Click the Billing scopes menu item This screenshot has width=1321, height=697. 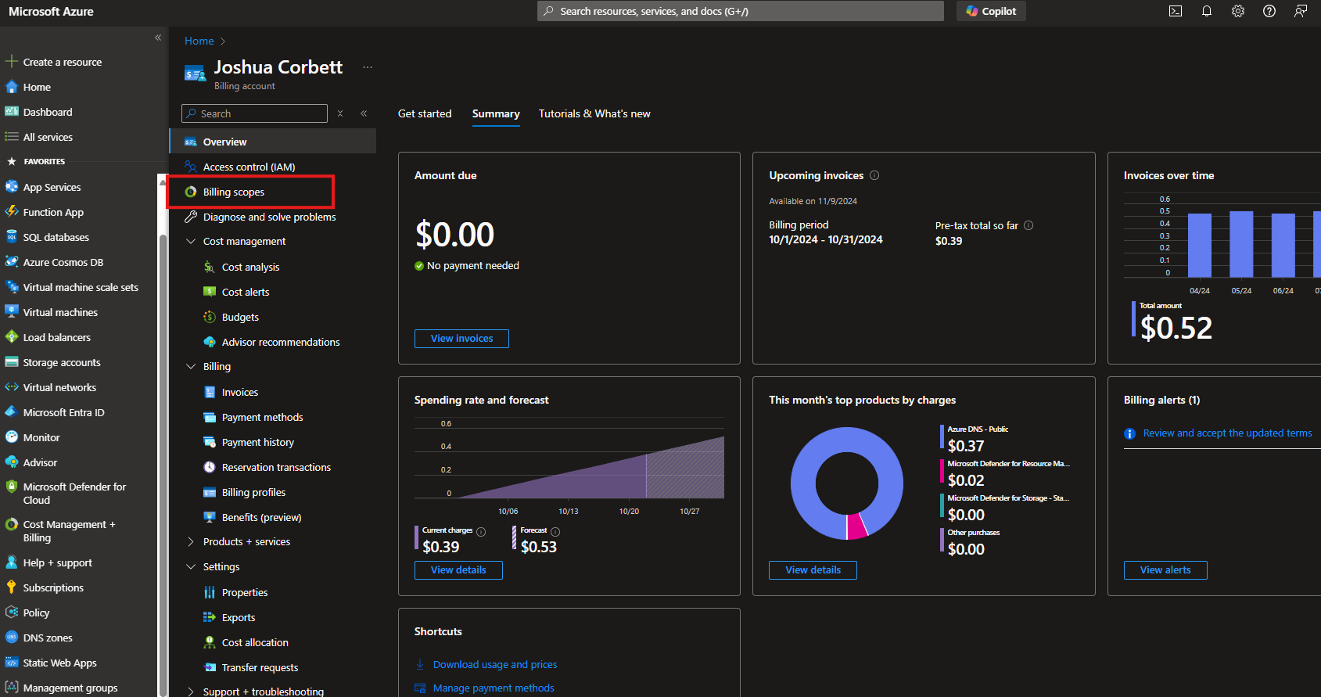[233, 192]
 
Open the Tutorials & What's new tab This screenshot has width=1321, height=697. [594, 113]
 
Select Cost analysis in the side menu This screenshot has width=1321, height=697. [250, 267]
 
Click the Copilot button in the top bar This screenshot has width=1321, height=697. [991, 11]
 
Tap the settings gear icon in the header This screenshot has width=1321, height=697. [1237, 11]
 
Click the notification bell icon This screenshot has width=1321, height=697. [1206, 11]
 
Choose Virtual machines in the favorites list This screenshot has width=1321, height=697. [60, 312]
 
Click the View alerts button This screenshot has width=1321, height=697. [1165, 569]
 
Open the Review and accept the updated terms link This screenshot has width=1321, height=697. [1227, 433]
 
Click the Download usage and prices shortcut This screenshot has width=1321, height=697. [494, 664]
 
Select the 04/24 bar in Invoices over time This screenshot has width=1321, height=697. [1199, 245]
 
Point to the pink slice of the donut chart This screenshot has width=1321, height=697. [856, 526]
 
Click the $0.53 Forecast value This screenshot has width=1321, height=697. [539, 547]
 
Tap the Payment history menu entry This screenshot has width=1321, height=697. [257, 442]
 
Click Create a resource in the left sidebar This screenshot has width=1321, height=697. [62, 62]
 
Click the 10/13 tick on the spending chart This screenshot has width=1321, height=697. [569, 511]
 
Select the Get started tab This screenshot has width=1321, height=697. [425, 113]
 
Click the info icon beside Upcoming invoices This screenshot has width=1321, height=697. [874, 175]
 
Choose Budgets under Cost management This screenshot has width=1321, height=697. [240, 317]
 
